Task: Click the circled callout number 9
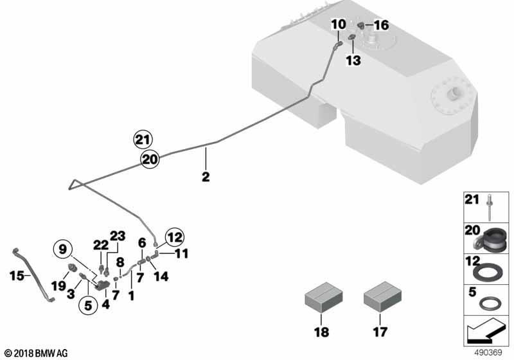coord(62,249)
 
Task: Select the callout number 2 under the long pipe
coord(206,177)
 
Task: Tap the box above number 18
coord(324,298)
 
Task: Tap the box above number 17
coord(382,298)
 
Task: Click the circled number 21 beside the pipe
coord(143,140)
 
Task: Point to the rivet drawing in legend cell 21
coord(489,207)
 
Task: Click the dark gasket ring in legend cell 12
coord(488,273)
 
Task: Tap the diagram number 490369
coord(488,353)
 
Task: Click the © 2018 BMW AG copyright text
coord(36,353)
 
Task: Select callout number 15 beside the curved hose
coord(17,276)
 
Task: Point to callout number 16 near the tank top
coord(381,25)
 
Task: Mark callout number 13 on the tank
coord(353,60)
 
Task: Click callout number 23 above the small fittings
coord(118,236)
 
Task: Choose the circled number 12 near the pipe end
coord(174,237)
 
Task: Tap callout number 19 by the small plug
coord(58,286)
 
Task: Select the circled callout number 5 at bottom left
coord(88,305)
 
